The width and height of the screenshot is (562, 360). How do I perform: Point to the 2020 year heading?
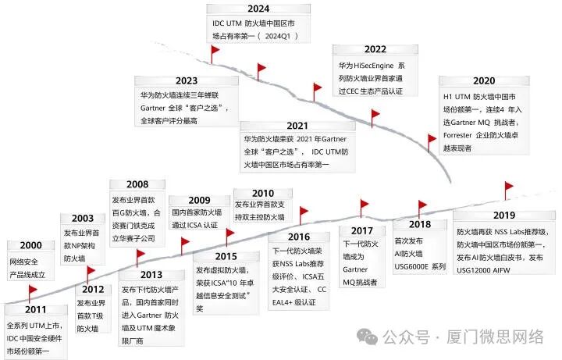483,81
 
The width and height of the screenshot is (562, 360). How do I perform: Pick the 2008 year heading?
137,184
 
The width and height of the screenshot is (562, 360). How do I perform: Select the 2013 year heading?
151,274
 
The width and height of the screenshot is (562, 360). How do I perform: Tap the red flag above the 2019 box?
509,187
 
